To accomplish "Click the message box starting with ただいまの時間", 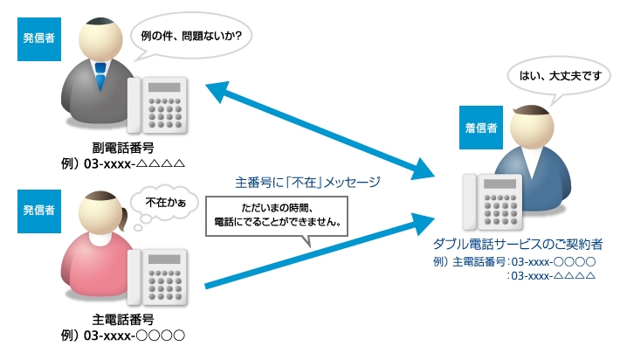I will (277, 218).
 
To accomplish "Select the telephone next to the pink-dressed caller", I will (161, 278).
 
